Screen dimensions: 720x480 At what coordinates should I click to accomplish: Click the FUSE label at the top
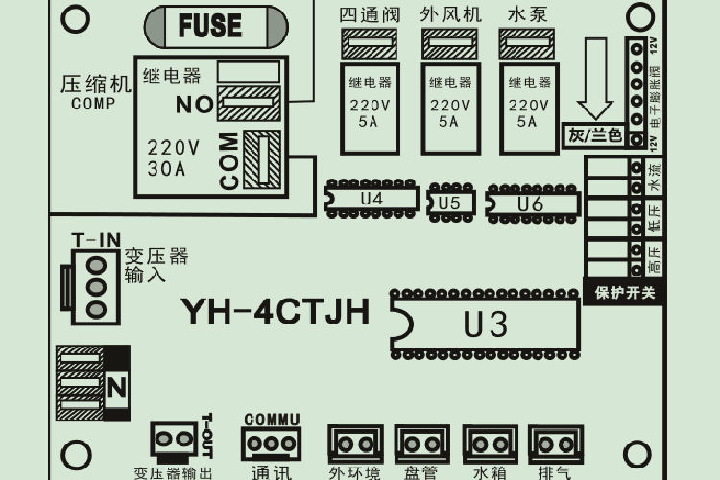[208, 26]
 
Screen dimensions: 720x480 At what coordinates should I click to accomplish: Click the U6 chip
[531, 204]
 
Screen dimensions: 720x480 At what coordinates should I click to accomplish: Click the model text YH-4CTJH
[276, 311]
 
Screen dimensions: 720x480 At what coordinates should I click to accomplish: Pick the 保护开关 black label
[624, 292]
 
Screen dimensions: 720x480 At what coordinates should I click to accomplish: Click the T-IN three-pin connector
[93, 286]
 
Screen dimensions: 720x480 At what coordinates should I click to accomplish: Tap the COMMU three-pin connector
[272, 443]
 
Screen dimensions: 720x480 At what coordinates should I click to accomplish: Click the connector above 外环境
[354, 444]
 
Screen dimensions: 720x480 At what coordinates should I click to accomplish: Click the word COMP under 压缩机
[93, 105]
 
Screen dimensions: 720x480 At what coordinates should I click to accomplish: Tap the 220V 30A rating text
[174, 158]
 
